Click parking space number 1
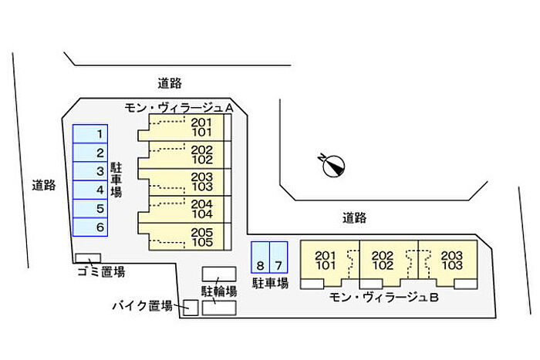click(x=91, y=134)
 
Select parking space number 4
click(x=91, y=190)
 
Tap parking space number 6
click(x=91, y=227)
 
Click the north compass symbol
click(x=332, y=165)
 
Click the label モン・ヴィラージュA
click(x=179, y=109)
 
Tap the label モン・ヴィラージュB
click(x=383, y=298)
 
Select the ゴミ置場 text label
click(x=101, y=271)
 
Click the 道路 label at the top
click(x=169, y=82)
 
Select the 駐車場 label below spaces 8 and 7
click(x=270, y=283)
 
